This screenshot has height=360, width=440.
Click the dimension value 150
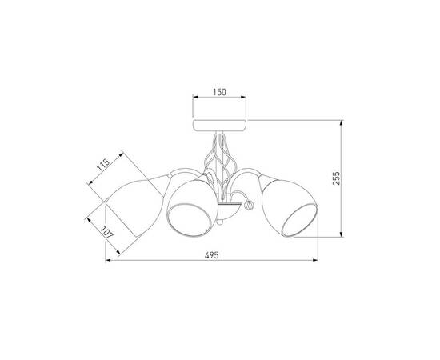(219, 92)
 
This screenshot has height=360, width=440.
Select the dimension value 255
(336, 178)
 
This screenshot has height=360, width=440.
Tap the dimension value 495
(211, 255)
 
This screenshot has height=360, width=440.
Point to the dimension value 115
(102, 165)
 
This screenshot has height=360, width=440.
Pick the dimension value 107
(106, 232)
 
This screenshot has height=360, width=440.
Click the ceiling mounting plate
(219, 125)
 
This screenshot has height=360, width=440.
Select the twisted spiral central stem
(219, 168)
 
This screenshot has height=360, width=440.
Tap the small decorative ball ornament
(249, 205)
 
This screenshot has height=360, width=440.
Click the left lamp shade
(134, 206)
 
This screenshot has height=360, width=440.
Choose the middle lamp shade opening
(189, 220)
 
